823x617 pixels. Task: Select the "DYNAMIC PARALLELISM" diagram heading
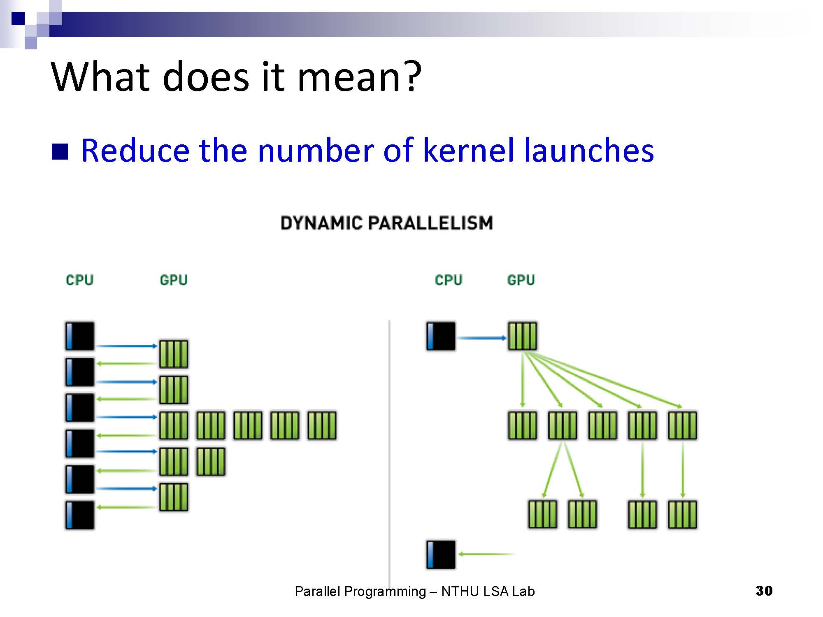(386, 223)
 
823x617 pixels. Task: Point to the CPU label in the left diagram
(79, 280)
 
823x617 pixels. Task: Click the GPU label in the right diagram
(521, 280)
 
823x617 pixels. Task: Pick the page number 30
(764, 591)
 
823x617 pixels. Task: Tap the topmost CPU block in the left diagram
(79, 336)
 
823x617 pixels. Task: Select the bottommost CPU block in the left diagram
(79, 515)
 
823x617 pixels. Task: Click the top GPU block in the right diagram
(523, 336)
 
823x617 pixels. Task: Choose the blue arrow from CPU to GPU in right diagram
(482, 338)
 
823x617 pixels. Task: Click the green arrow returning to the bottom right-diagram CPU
(486, 554)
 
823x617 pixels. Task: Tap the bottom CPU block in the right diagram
(441, 555)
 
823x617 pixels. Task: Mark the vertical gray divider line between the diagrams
(389, 452)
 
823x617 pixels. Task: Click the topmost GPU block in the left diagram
(174, 354)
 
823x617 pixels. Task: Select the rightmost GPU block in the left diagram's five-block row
(322, 425)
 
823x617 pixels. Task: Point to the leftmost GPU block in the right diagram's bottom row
(542, 514)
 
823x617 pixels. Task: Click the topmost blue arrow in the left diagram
(127, 346)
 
